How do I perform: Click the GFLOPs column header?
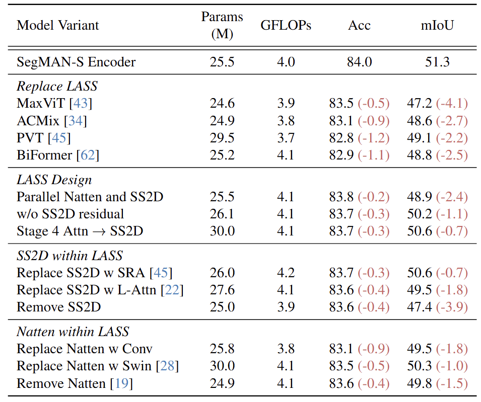click(x=286, y=26)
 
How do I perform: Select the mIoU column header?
click(x=437, y=26)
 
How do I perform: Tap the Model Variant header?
click(x=58, y=26)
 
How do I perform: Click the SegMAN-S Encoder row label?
click(x=76, y=62)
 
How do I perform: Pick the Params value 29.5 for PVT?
click(x=222, y=138)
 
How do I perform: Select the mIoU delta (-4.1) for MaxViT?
click(x=452, y=104)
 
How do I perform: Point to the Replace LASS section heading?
click(x=57, y=87)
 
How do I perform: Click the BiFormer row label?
click(x=44, y=155)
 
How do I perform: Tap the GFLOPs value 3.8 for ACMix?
click(x=286, y=121)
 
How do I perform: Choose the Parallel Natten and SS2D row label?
click(x=90, y=197)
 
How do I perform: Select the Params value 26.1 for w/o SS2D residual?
click(x=222, y=214)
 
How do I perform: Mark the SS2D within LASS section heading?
click(x=70, y=256)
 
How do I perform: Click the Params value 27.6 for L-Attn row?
click(x=222, y=290)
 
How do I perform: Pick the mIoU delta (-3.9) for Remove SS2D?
click(x=452, y=307)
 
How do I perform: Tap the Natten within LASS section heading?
click(x=73, y=332)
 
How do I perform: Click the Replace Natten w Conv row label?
click(x=85, y=349)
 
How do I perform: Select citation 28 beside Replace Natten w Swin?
click(x=167, y=366)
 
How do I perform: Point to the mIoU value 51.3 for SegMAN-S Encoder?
click(x=437, y=62)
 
